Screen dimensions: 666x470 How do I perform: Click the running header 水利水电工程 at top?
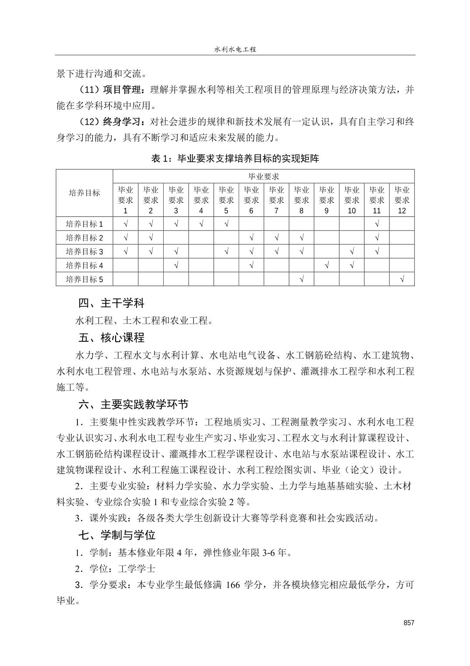pyautogui.click(x=235, y=50)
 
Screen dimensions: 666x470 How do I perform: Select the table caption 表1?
pyautogui.click(x=235, y=159)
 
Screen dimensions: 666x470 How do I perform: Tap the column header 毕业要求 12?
pyautogui.click(x=402, y=200)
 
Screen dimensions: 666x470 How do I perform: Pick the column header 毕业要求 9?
pyautogui.click(x=326, y=200)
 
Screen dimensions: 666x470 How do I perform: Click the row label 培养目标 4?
pyautogui.click(x=84, y=266)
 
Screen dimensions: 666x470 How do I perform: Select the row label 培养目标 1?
pyautogui.click(x=84, y=224)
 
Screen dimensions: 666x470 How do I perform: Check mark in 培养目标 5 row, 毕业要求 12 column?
pyautogui.click(x=402, y=280)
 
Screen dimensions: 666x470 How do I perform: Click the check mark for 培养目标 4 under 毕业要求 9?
pyautogui.click(x=326, y=266)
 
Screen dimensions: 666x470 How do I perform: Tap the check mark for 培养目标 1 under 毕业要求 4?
pyautogui.click(x=201, y=224)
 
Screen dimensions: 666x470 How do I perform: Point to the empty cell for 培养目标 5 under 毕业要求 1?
pyautogui.click(x=126, y=280)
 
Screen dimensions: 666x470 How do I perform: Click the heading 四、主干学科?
pyautogui.click(x=111, y=303)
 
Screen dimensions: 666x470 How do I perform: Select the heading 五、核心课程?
pyautogui.click(x=111, y=338)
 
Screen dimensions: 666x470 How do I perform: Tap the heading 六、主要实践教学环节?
pyautogui.click(x=133, y=404)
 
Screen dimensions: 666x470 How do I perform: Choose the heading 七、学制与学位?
pyautogui.click(x=117, y=535)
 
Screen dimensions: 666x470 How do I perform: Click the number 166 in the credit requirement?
pyautogui.click(x=233, y=585)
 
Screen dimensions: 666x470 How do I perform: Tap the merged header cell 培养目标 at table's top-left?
pyautogui.click(x=84, y=193)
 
